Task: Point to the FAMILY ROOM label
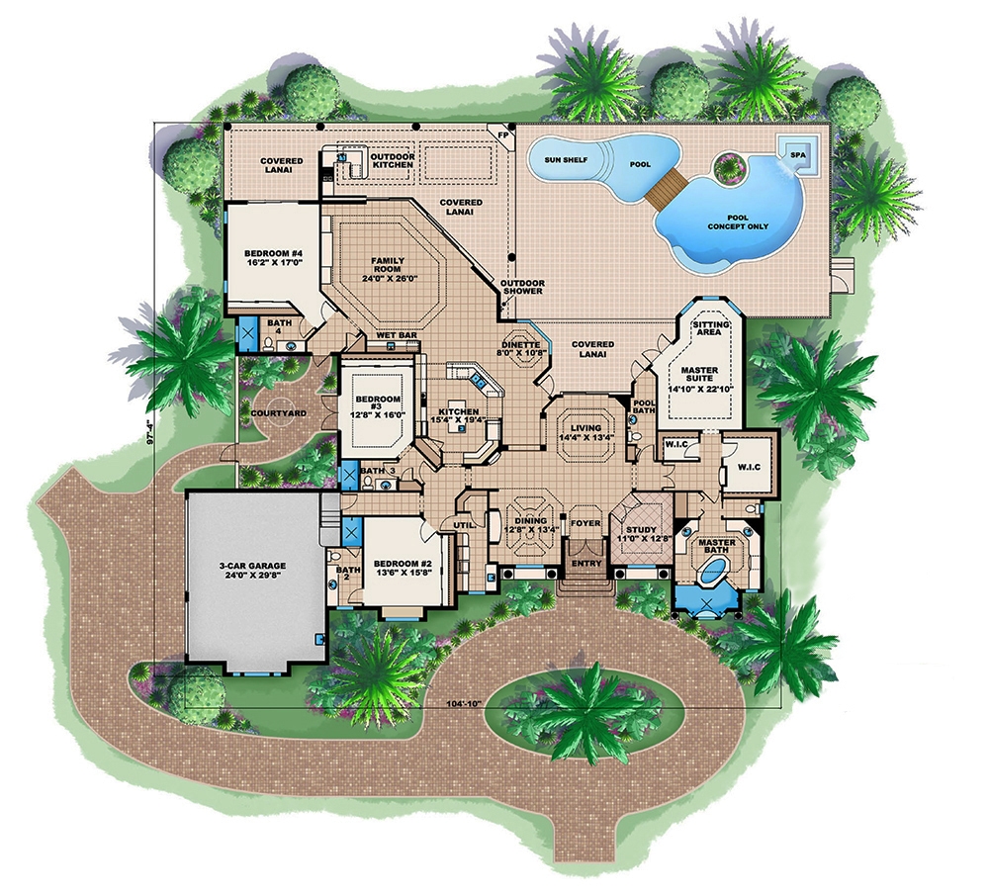click(388, 267)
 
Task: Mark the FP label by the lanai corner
click(502, 134)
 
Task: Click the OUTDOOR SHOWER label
click(522, 285)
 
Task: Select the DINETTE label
click(521, 345)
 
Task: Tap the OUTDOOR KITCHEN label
click(393, 162)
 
